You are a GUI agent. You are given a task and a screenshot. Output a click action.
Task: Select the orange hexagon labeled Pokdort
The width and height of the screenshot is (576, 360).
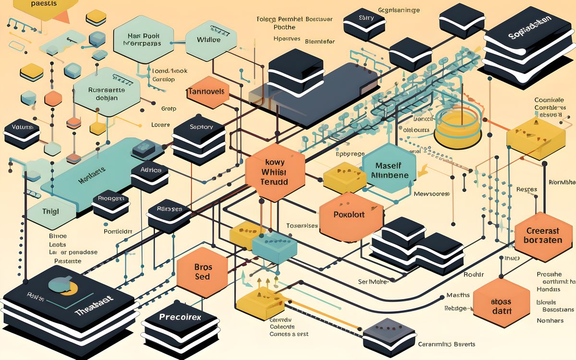tap(349, 216)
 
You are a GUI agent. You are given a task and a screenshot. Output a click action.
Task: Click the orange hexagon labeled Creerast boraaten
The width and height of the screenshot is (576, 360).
tap(543, 235)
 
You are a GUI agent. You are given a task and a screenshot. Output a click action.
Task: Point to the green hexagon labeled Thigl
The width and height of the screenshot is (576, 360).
tap(51, 211)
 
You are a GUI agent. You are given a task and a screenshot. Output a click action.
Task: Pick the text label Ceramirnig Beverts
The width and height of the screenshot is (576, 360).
tap(446, 344)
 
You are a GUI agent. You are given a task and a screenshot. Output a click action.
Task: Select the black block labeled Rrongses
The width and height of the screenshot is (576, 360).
tap(111, 202)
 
